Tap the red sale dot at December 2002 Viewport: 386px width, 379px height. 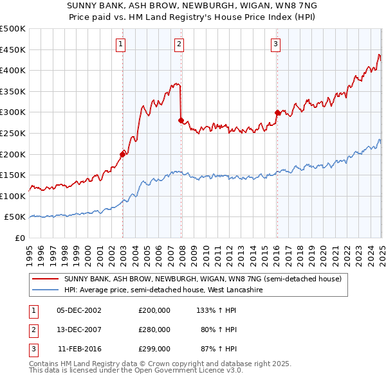click(122, 154)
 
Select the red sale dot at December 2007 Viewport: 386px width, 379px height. click(181, 119)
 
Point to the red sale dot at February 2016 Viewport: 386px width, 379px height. click(277, 112)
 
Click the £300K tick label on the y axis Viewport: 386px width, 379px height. click(13, 112)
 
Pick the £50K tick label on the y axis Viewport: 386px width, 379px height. click(15, 217)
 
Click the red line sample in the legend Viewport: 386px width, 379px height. click(46, 279)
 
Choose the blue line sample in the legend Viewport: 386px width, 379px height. click(46, 290)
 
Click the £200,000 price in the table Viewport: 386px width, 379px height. click(154, 310)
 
